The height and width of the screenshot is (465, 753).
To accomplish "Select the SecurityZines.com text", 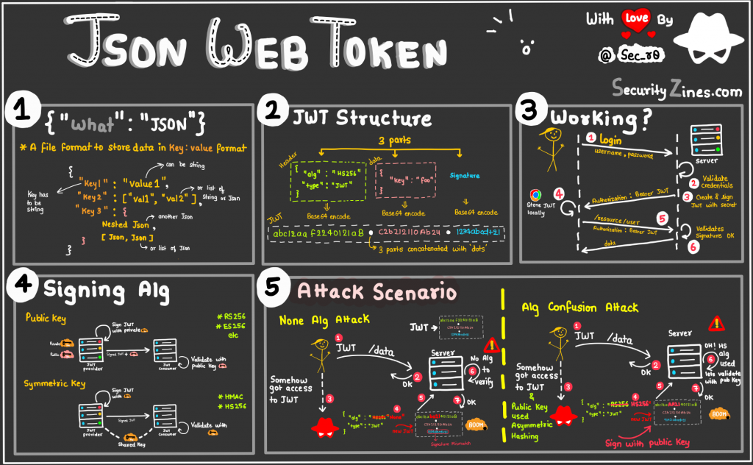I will click(x=676, y=89).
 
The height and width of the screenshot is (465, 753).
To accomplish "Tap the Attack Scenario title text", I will click(x=376, y=292).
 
